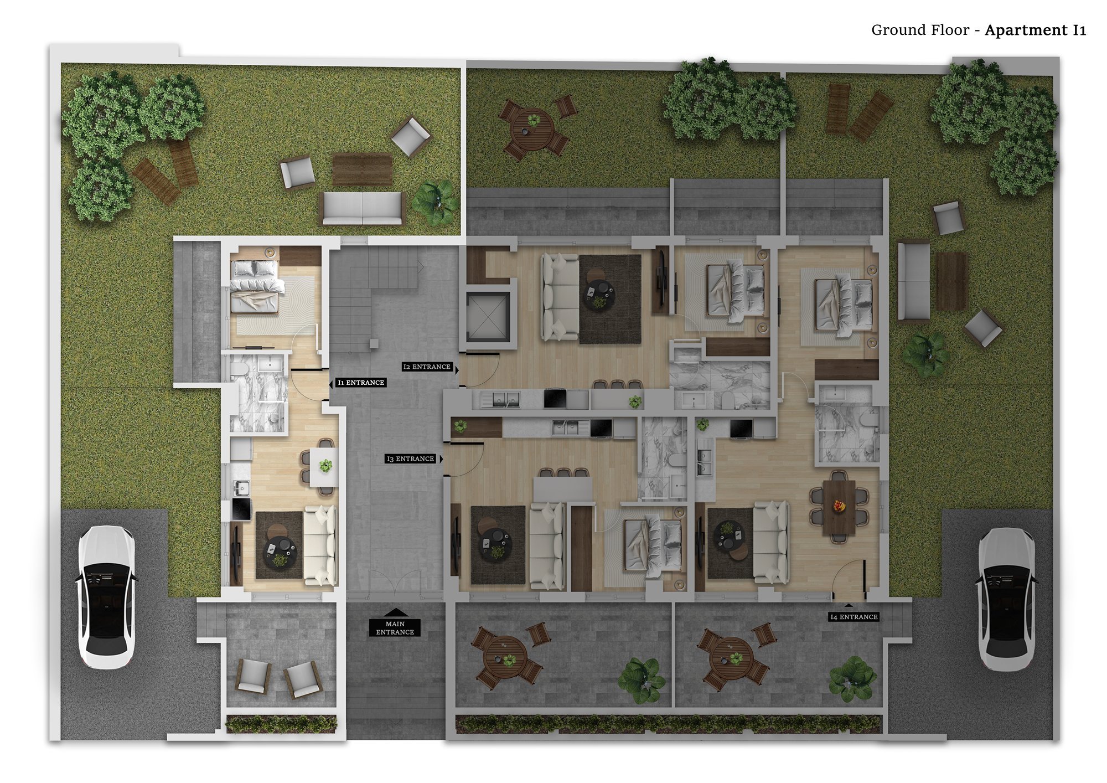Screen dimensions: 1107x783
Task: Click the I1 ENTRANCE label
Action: tap(361, 383)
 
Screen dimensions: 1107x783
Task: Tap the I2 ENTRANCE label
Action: tap(427, 367)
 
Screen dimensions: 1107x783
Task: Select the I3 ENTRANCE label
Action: tap(410, 459)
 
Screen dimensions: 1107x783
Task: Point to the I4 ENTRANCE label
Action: tap(854, 617)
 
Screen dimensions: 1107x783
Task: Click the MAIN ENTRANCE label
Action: tap(395, 628)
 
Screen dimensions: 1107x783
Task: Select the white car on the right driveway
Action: tap(1006, 599)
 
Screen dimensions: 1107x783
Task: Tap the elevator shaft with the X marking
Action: tap(488, 317)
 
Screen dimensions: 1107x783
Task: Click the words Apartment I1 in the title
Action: tap(1036, 30)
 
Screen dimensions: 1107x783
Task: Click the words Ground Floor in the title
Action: tap(920, 30)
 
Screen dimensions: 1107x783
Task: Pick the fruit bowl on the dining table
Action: tap(838, 505)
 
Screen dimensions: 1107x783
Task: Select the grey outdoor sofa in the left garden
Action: tap(363, 208)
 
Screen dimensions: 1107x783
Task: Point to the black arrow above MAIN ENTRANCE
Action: tap(395, 612)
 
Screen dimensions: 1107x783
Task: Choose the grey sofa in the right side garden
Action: tap(914, 281)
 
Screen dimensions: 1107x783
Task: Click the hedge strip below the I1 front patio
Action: tap(281, 724)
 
